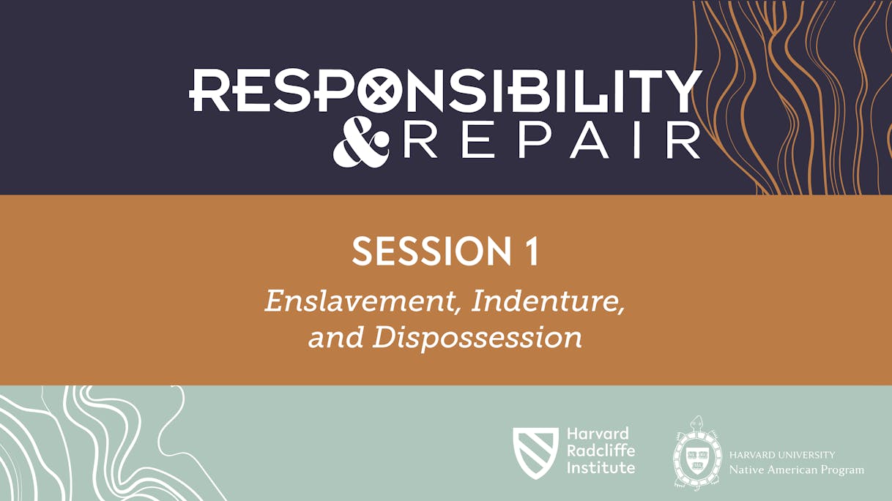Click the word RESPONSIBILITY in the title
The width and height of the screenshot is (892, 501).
tap(445, 91)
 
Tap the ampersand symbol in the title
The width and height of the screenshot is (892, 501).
tap(361, 143)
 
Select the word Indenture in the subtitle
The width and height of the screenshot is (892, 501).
tap(548, 301)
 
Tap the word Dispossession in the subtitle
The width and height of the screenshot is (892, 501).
tap(477, 337)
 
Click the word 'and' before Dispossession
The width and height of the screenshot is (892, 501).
tap(336, 337)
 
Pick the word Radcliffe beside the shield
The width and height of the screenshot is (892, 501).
tap(601, 451)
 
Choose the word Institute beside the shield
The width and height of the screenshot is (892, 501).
tap(601, 467)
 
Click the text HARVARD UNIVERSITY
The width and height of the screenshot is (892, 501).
tap(781, 455)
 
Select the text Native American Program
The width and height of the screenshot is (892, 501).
tap(796, 470)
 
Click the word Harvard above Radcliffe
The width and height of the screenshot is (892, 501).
tap(597, 434)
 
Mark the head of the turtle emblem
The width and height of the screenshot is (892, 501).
tap(696, 422)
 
